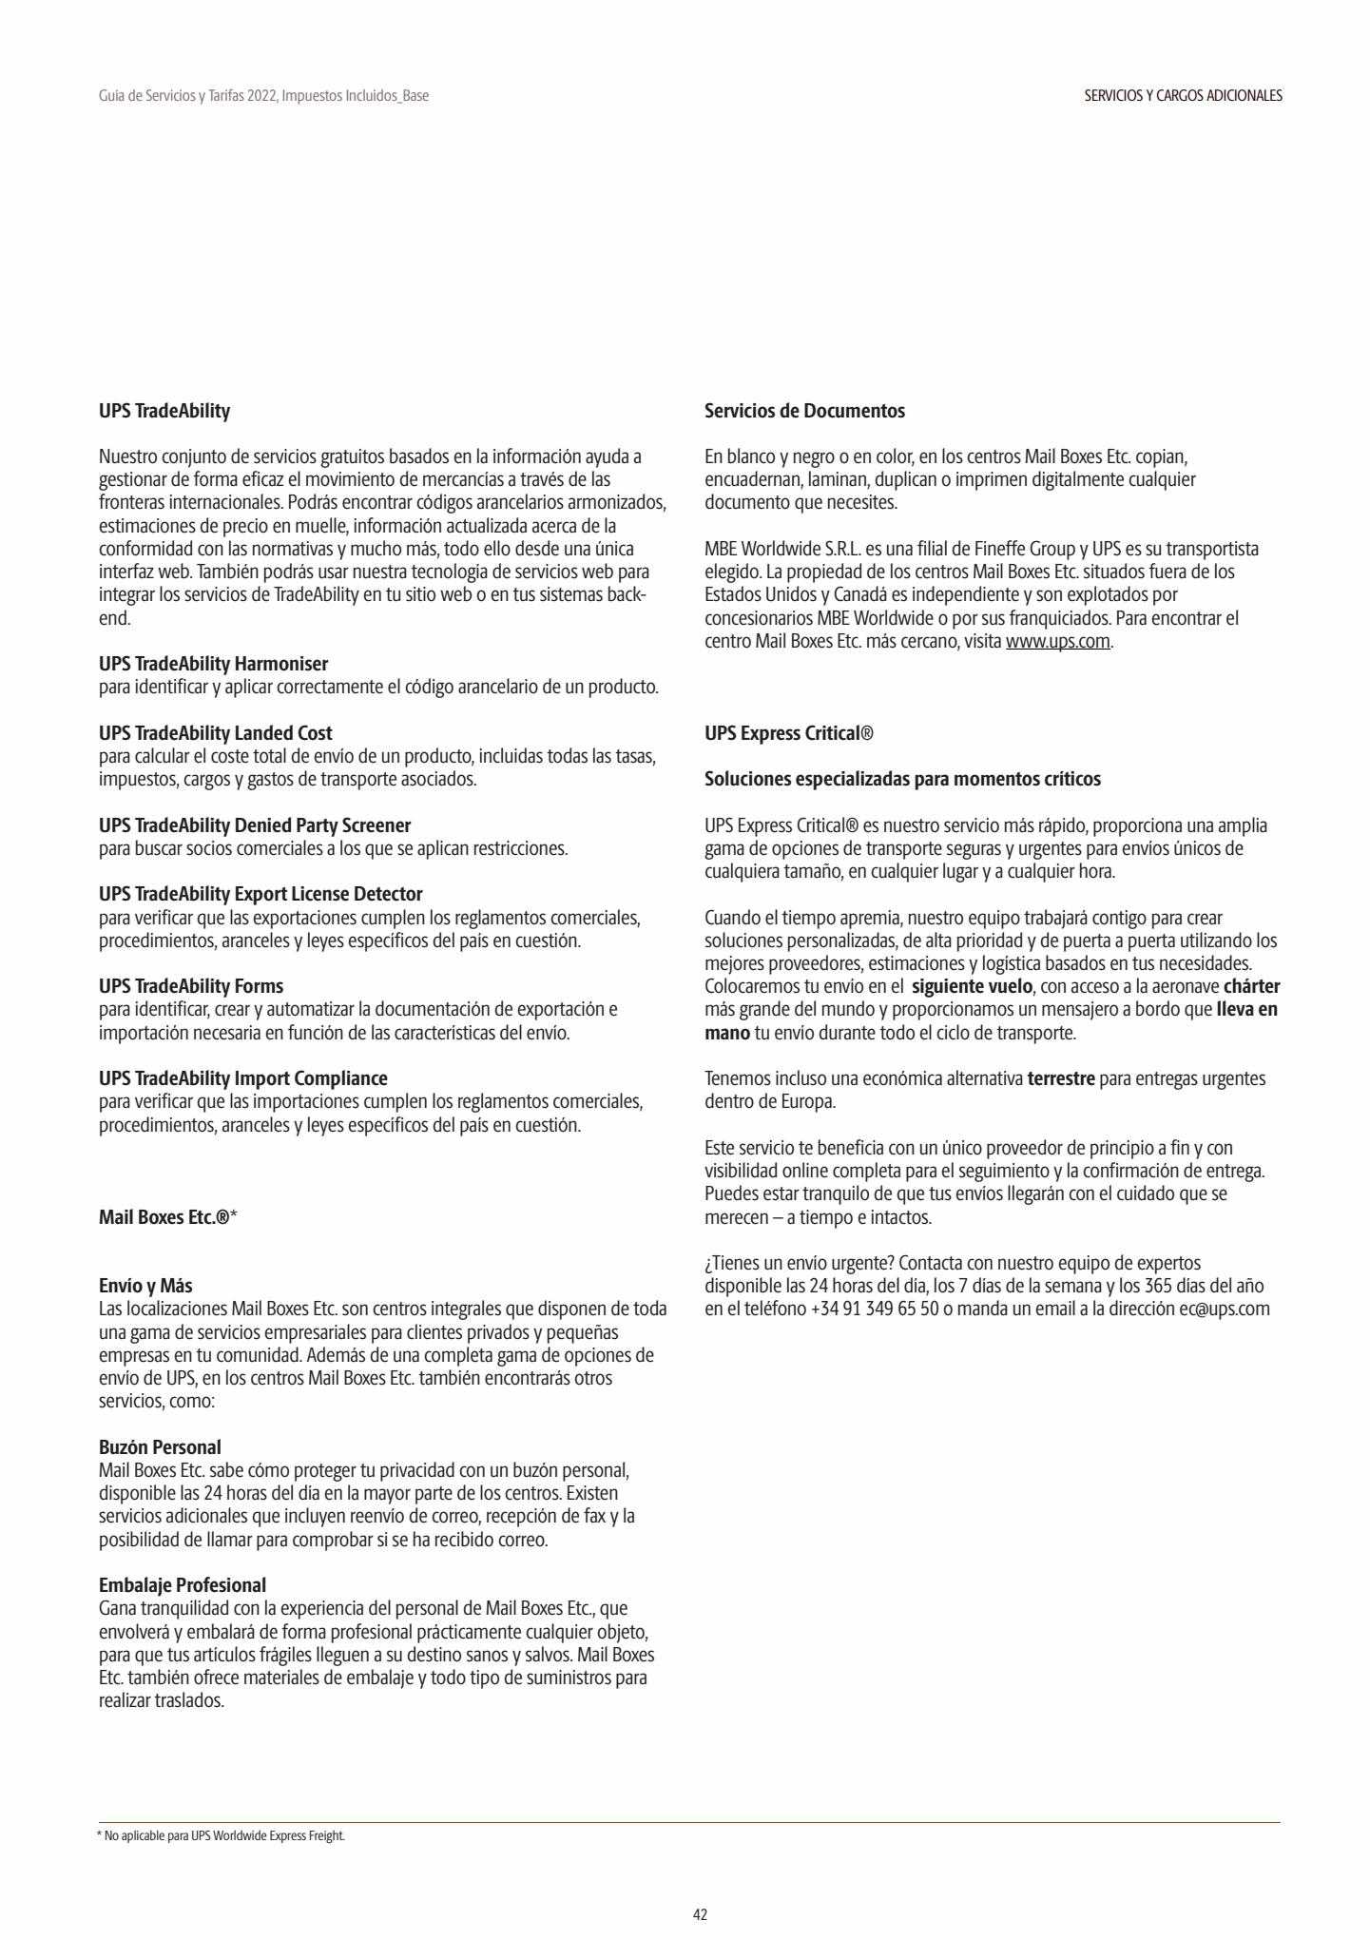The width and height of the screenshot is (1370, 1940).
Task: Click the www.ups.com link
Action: click(x=1058, y=641)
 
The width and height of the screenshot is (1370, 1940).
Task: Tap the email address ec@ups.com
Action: click(x=1225, y=1309)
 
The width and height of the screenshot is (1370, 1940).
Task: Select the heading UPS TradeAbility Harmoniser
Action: click(x=214, y=663)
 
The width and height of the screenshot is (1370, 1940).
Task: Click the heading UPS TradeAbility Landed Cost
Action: click(x=216, y=733)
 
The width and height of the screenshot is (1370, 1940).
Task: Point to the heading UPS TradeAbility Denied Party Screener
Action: click(x=255, y=825)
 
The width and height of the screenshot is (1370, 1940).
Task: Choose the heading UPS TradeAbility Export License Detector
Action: click(x=260, y=894)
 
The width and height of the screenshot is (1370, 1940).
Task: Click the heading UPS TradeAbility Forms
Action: click(x=191, y=986)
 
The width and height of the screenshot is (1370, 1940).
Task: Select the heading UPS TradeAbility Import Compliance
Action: click(x=243, y=1078)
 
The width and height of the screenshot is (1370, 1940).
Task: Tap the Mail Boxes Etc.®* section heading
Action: click(x=167, y=1216)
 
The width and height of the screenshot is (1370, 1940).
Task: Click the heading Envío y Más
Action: click(x=145, y=1287)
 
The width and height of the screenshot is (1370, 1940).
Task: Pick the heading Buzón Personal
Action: click(x=160, y=1447)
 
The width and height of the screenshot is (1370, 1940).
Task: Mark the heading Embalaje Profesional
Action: click(x=183, y=1585)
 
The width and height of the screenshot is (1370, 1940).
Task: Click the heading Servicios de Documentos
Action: click(x=804, y=411)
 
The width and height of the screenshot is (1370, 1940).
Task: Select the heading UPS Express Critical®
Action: click(x=788, y=733)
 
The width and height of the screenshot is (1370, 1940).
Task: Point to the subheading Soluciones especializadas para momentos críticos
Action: click(x=902, y=779)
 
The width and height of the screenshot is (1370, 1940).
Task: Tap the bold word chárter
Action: click(x=1251, y=986)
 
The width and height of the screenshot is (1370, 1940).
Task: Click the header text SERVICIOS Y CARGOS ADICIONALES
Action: click(x=1183, y=96)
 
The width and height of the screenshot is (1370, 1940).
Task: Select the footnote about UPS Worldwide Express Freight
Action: click(x=222, y=1835)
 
